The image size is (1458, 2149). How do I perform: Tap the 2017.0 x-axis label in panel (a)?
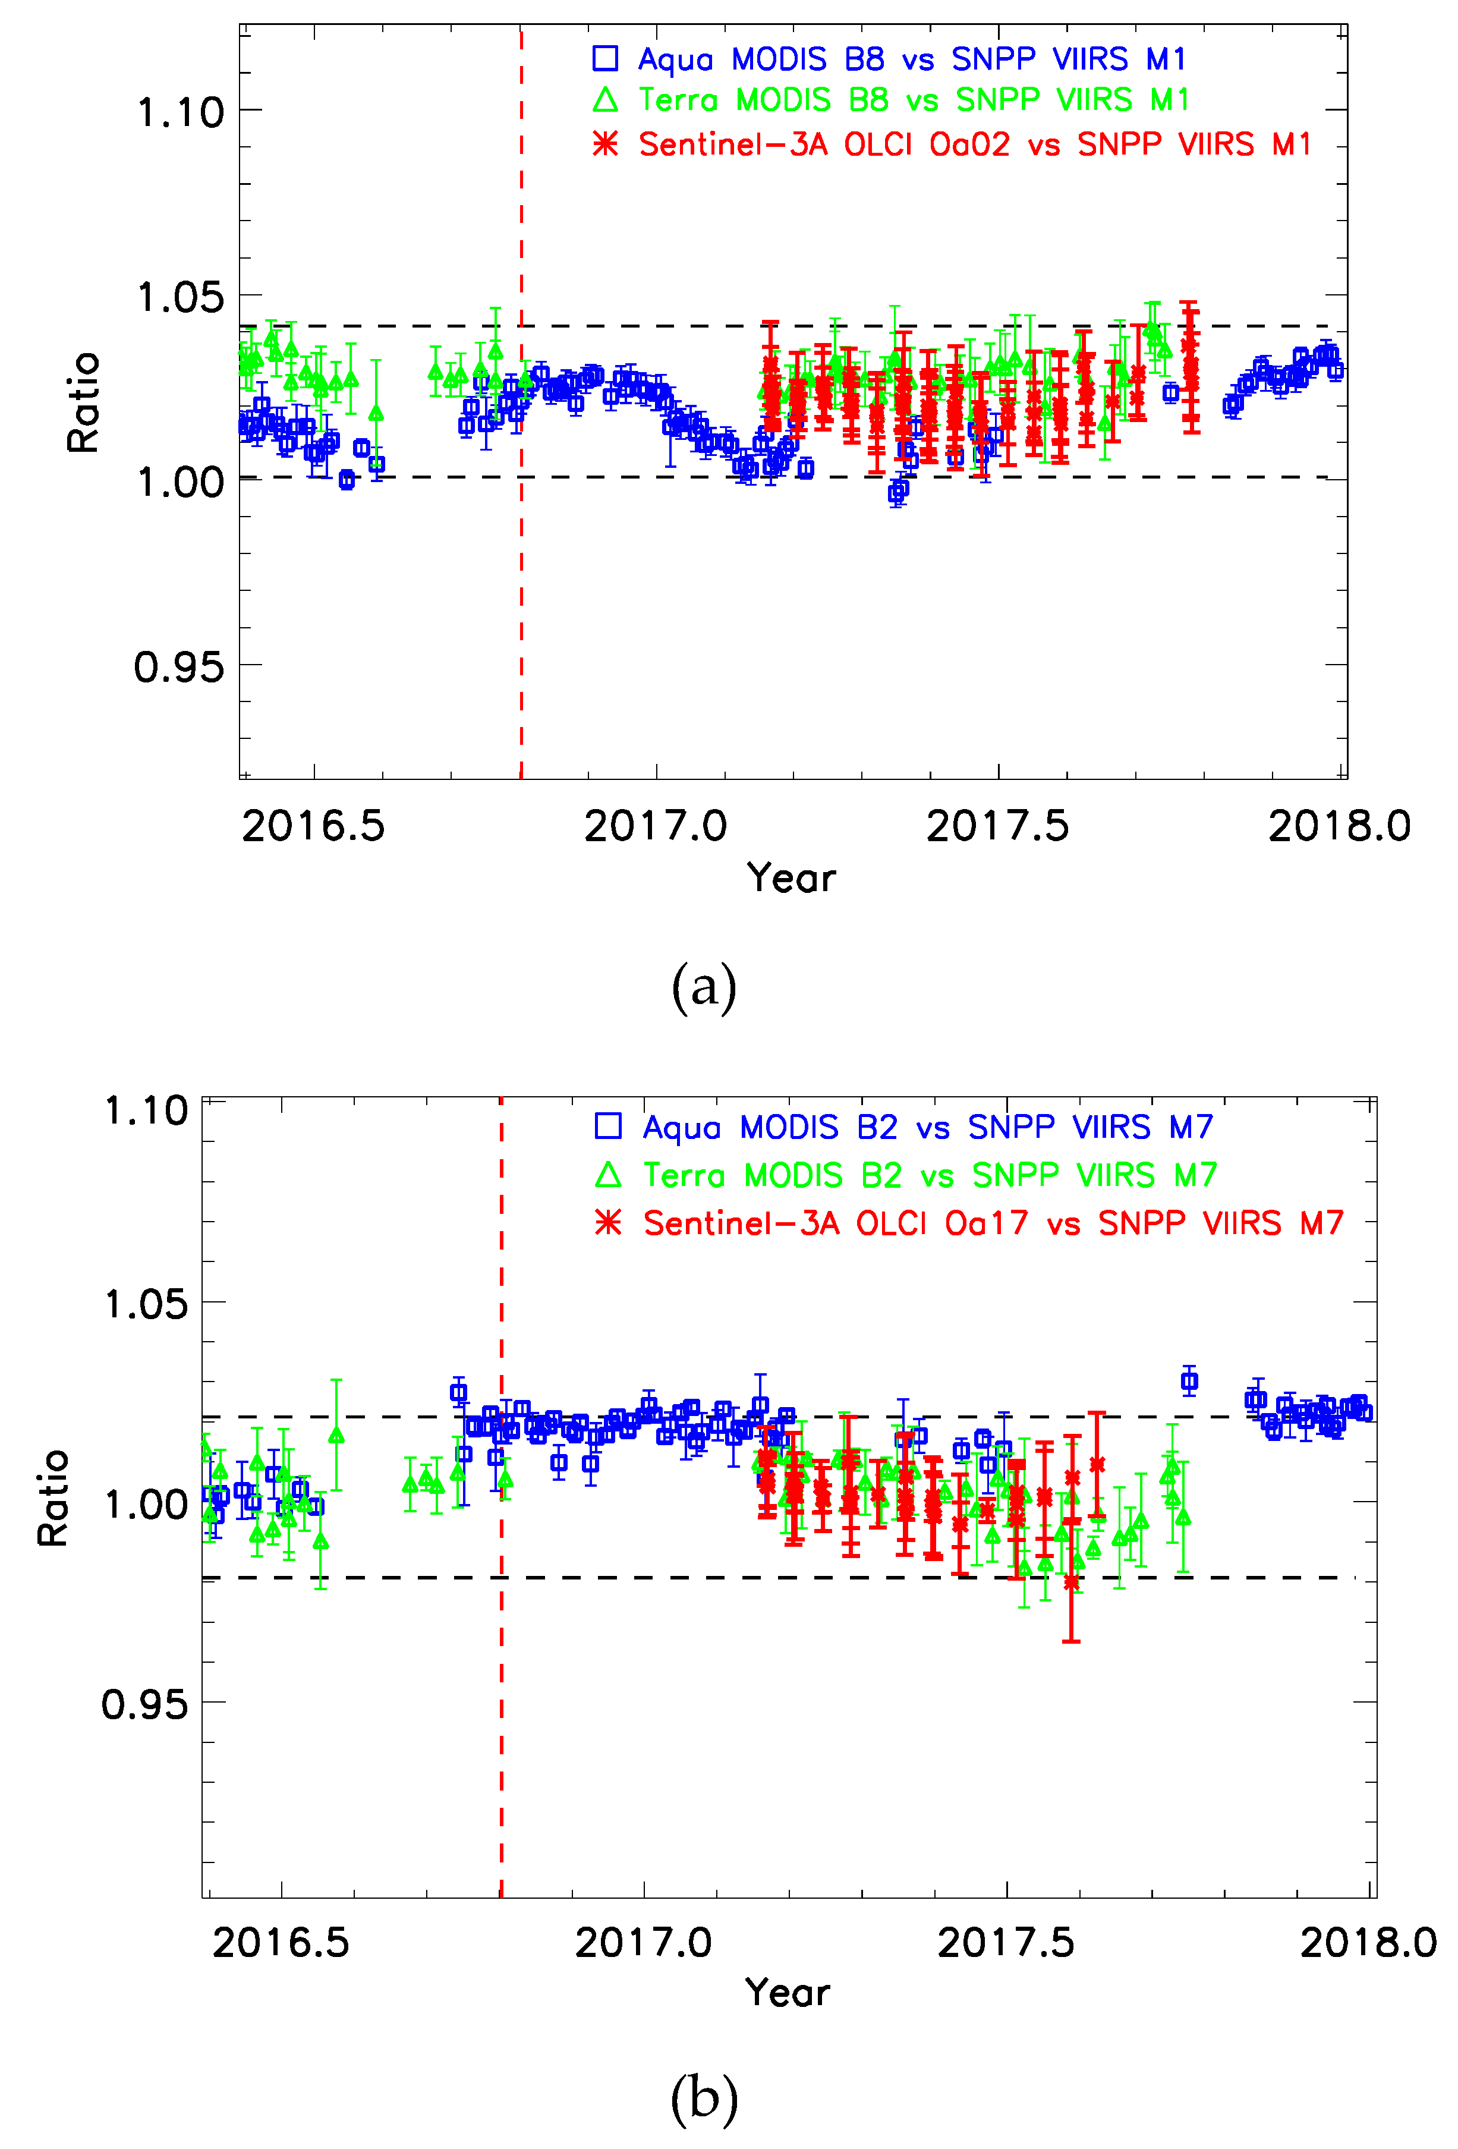click(x=656, y=826)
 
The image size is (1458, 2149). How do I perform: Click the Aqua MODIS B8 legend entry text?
click(x=911, y=59)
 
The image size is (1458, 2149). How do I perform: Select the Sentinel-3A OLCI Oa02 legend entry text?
click(x=974, y=144)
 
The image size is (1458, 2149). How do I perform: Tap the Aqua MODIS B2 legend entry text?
click(x=927, y=1127)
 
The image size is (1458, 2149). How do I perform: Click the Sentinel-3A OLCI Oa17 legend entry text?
click(x=993, y=1223)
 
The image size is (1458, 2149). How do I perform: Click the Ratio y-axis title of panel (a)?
click(x=83, y=402)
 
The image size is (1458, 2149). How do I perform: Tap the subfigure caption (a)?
click(x=704, y=987)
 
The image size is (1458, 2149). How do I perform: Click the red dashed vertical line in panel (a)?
click(x=521, y=601)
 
